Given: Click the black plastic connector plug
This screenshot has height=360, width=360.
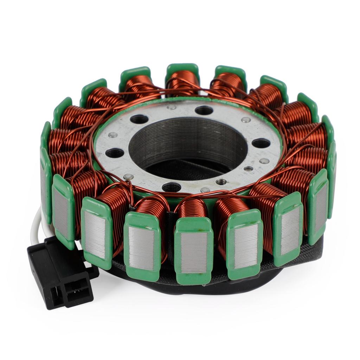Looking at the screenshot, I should coord(60,272).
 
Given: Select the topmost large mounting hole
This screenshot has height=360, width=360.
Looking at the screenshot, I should coord(204,110).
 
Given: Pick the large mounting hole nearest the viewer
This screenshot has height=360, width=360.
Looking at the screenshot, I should coord(172,187).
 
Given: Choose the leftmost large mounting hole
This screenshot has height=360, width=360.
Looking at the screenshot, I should coord(115,153).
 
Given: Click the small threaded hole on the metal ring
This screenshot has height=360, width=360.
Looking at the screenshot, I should coord(221,182).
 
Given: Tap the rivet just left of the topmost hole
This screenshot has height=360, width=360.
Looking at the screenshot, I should coord(172,107).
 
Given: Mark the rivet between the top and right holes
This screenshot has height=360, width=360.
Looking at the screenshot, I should coord(246,120).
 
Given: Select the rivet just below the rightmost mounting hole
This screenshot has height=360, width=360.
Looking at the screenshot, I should coord(264,161).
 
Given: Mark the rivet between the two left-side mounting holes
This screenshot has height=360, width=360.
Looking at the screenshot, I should coord(113,135).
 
